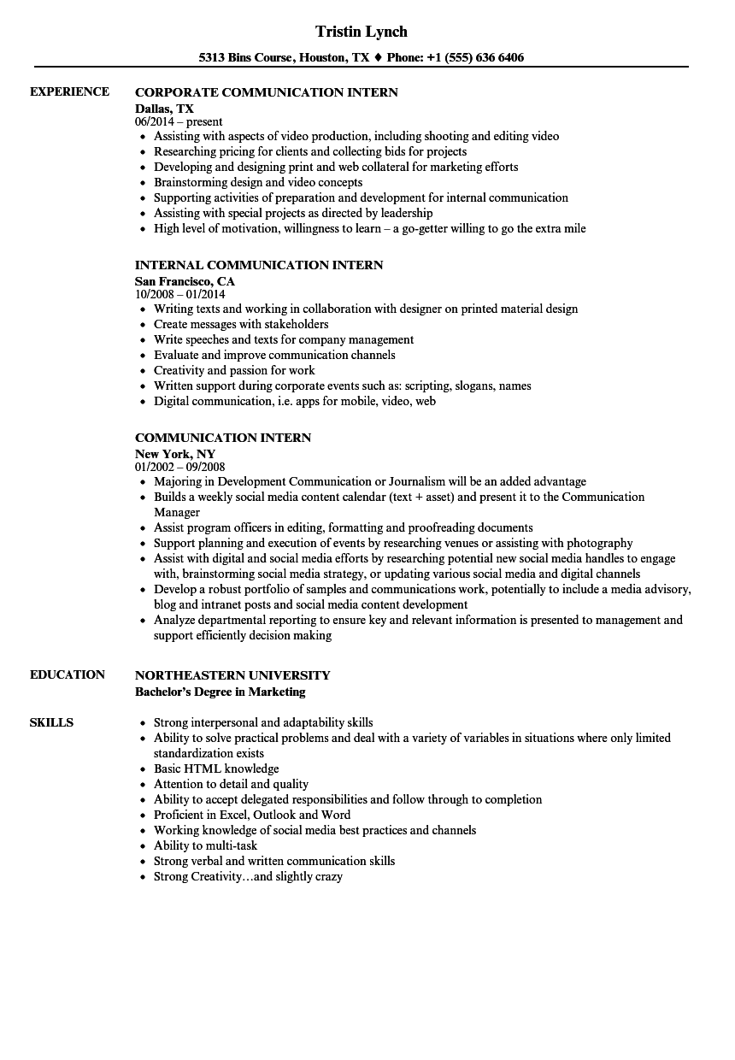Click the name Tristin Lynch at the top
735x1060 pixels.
click(361, 32)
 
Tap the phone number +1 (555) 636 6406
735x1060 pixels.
click(477, 58)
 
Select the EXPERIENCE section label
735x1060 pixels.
click(69, 91)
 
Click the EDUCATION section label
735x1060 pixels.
click(67, 674)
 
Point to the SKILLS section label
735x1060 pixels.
click(51, 722)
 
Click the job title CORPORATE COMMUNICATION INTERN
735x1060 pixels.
click(267, 92)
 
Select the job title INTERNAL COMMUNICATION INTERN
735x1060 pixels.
click(259, 265)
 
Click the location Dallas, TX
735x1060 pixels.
click(164, 108)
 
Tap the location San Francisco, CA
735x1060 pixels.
click(185, 280)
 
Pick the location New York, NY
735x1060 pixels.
click(175, 453)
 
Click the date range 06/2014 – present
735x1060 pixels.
click(179, 122)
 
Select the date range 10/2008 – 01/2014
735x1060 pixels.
click(180, 295)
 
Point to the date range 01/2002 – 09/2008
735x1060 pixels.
click(180, 468)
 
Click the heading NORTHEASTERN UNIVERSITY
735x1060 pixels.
click(232, 675)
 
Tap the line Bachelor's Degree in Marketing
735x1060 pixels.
click(220, 692)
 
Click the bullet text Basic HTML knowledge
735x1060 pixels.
click(216, 768)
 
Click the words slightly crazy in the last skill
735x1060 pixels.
click(309, 876)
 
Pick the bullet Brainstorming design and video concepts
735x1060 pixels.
click(257, 182)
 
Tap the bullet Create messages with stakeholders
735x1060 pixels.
click(240, 324)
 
